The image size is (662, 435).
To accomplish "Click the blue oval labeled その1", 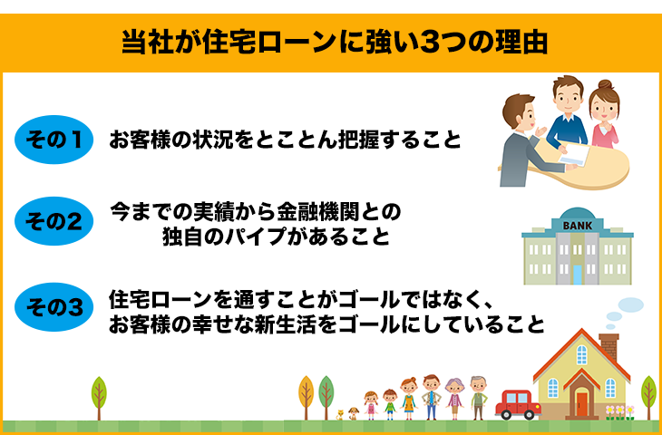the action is tap(54, 140).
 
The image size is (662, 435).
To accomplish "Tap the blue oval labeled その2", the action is tap(54, 221).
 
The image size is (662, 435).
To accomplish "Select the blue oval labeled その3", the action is tap(54, 307).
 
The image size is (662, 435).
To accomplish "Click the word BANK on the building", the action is tap(578, 226).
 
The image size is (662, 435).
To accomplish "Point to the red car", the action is tap(518, 404).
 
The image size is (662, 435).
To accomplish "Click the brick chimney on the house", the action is tap(608, 346).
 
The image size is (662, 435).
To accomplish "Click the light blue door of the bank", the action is tap(578, 275).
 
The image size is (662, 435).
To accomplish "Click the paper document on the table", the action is tap(573, 154).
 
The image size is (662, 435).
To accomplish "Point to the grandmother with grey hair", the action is tap(454, 398).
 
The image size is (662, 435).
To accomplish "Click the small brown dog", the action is tap(354, 413).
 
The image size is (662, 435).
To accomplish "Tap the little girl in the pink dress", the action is tap(371, 405).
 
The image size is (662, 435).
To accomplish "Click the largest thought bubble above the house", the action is tap(631, 304).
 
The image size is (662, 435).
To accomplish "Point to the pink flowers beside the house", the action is tap(619, 412).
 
